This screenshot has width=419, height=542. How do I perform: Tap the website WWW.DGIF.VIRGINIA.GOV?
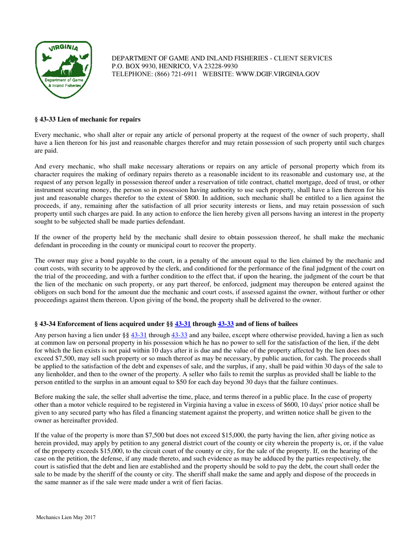(x=276, y=74)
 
